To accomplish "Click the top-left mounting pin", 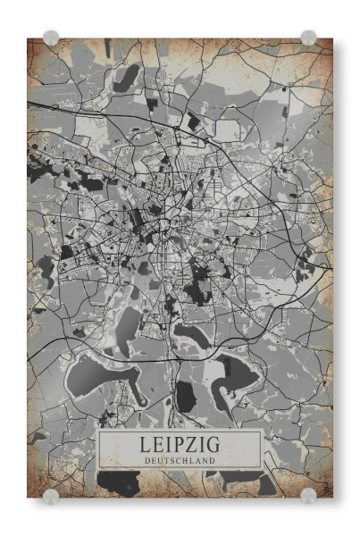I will [x=51, y=38].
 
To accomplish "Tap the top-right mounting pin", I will [x=308, y=38].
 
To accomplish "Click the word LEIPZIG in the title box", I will [x=180, y=444].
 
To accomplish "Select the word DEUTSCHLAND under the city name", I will [x=180, y=460].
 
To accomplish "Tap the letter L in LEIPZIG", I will [x=144, y=444].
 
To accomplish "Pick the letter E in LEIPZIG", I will [x=157, y=444].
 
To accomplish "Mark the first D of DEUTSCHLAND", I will [x=147, y=460].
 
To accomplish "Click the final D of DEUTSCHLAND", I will [x=213, y=460].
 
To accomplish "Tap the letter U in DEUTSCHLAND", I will [x=160, y=460].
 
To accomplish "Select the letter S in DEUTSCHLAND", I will [x=173, y=460].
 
